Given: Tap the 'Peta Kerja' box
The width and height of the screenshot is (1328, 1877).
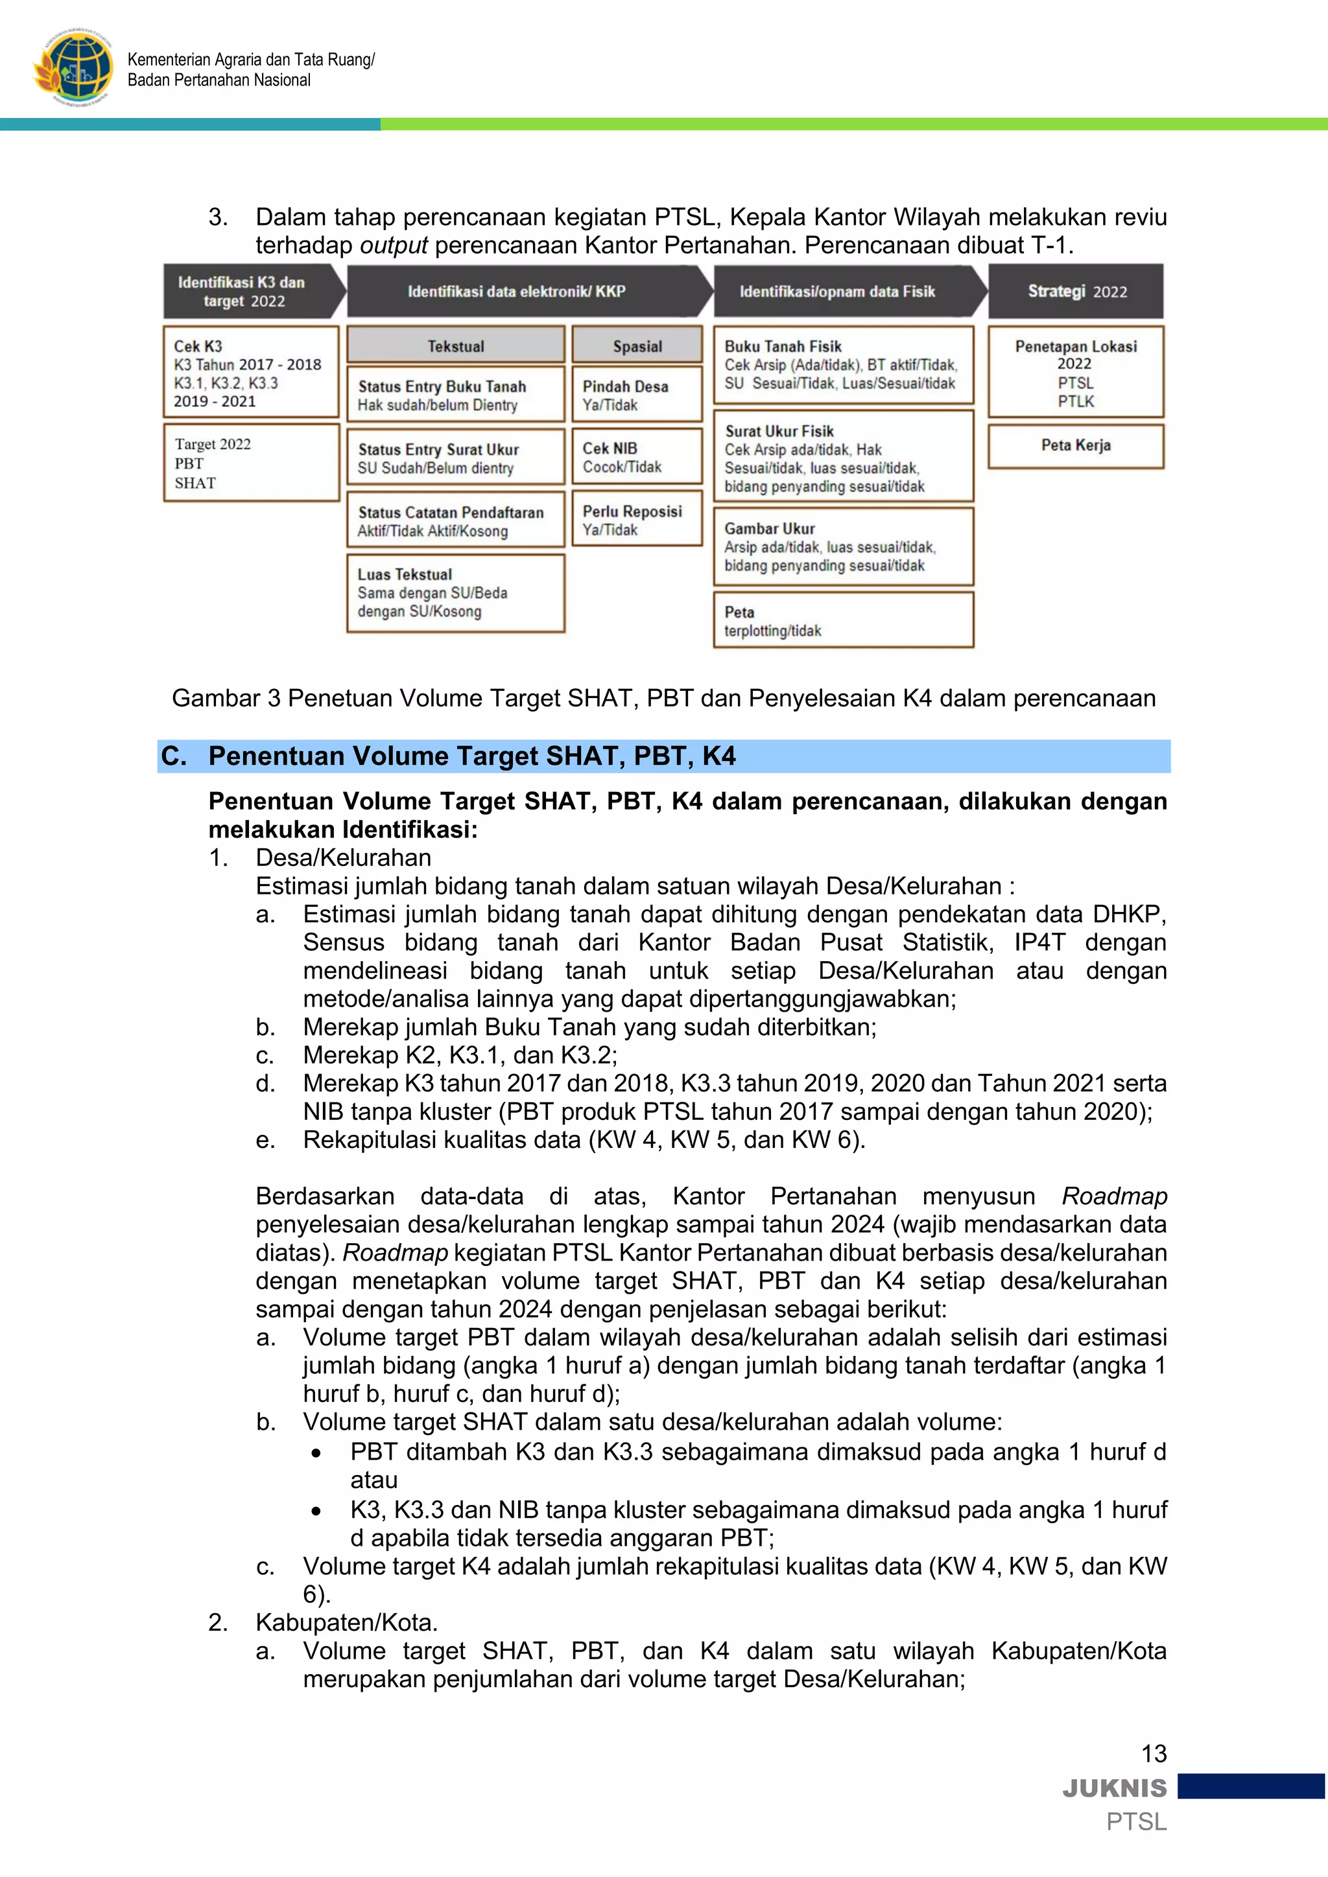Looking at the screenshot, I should tap(1074, 445).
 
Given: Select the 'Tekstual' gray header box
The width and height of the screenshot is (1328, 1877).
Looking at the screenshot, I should tap(455, 346).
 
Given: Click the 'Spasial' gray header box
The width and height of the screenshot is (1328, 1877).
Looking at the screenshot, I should tap(637, 346).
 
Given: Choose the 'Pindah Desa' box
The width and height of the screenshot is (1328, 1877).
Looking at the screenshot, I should tap(637, 395).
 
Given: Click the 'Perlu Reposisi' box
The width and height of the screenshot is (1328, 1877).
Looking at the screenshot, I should tap(637, 520).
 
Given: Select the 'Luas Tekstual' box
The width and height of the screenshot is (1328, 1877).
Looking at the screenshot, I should tap(455, 592).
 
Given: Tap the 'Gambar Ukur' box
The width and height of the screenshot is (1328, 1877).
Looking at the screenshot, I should tap(843, 546).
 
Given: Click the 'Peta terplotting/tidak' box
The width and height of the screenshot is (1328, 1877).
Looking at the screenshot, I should tap(843, 620).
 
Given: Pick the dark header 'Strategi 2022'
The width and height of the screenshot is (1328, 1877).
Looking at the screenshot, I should tap(1075, 292).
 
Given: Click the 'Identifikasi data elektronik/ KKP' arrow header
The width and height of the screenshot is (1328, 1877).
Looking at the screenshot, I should tap(523, 292).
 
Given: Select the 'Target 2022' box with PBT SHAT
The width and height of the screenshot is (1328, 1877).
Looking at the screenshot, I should tap(251, 463).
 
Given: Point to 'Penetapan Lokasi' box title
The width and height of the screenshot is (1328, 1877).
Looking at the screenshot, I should tap(1075, 347).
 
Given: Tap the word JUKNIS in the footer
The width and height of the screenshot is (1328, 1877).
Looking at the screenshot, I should tap(1115, 1789).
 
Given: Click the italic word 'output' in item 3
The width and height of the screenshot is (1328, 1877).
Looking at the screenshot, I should tap(394, 245).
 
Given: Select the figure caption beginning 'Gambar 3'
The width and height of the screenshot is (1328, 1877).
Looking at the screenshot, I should tap(663, 698).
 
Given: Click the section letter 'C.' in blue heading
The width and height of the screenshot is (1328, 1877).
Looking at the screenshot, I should tap(174, 756).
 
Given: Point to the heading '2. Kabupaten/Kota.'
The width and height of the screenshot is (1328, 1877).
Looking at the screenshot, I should tap(324, 1622).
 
